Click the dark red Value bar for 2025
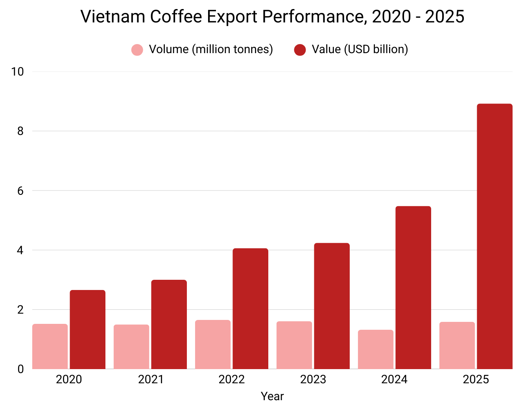point(494,236)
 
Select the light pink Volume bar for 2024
point(375,349)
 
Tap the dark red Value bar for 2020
point(87,329)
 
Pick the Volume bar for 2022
point(213,344)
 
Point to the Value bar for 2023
point(332,306)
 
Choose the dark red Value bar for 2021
point(169,324)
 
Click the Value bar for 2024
point(413,287)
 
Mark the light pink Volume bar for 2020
point(50,346)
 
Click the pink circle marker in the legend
point(137,50)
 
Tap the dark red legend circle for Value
point(300,50)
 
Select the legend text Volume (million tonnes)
point(211,50)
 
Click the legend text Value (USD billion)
point(360,50)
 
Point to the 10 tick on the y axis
point(18,72)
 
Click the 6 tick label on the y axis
point(20,191)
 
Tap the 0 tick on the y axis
point(20,369)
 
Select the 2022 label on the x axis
point(232,379)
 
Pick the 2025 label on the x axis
point(476,379)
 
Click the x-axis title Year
point(272,396)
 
